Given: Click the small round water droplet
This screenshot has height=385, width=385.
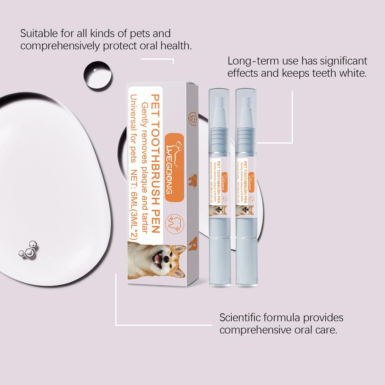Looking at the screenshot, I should point(98,75).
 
